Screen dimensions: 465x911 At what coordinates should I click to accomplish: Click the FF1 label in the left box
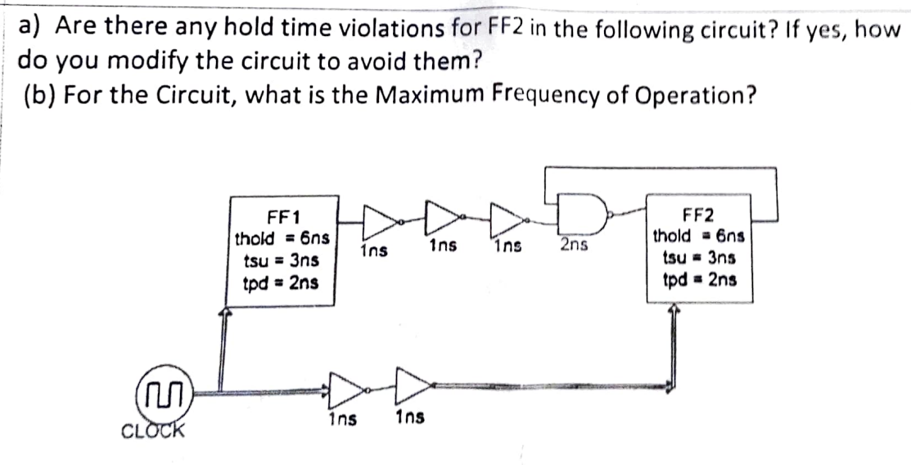pos(283,217)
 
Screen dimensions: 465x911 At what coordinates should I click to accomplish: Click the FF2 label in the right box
pos(697,216)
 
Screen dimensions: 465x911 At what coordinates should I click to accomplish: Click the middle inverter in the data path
pos(440,217)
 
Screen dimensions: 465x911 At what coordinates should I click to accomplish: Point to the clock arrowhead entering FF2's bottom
pos(673,312)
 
